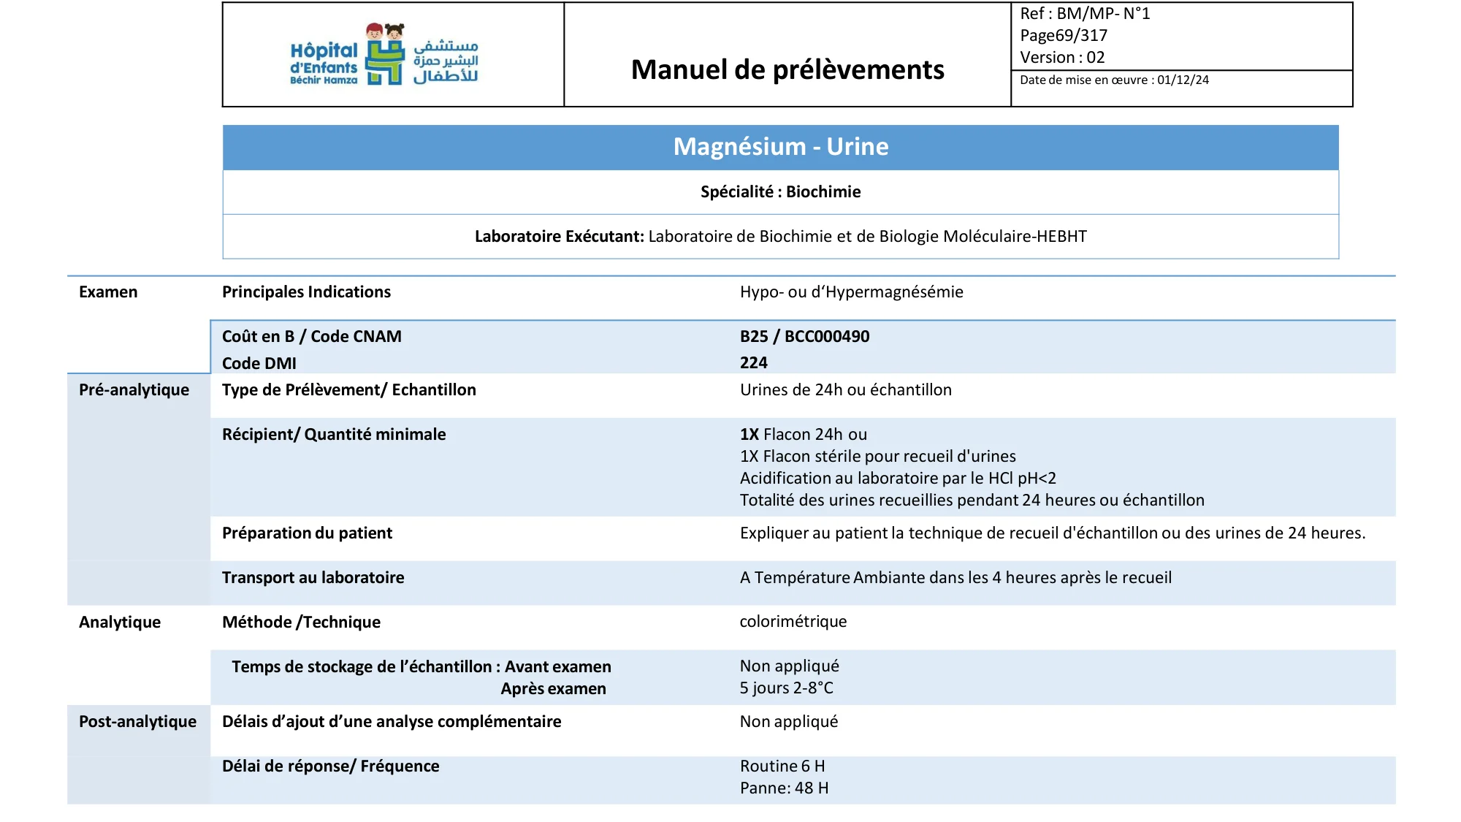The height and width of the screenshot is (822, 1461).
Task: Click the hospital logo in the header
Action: (384, 55)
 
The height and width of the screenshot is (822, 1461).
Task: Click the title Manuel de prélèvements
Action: (787, 69)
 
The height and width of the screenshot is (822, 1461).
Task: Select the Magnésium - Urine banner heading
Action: (780, 147)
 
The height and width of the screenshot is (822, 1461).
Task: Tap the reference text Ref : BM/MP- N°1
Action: (1085, 14)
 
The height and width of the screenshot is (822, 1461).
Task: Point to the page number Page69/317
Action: (1064, 36)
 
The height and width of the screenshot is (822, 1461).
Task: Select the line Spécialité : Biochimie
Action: (780, 192)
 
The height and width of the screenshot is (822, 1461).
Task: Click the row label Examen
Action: (108, 292)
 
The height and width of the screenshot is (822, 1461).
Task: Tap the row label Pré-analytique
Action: (134, 390)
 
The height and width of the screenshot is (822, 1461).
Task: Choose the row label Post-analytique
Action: (137, 722)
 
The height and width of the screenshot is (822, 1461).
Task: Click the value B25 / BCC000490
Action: (804, 337)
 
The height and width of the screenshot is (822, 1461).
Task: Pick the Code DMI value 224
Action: (753, 363)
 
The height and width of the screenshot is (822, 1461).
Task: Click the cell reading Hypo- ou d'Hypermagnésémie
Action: (851, 292)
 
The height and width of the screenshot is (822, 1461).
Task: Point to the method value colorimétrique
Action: (793, 622)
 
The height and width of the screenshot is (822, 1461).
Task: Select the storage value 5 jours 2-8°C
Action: (786, 688)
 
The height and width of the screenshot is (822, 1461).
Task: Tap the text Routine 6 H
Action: (782, 766)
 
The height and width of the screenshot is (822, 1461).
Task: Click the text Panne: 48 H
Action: (784, 788)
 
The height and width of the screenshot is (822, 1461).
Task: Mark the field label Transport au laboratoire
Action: (313, 578)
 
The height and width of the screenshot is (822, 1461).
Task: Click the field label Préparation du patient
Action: (307, 533)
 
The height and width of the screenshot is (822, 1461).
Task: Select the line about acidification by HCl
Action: (898, 479)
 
